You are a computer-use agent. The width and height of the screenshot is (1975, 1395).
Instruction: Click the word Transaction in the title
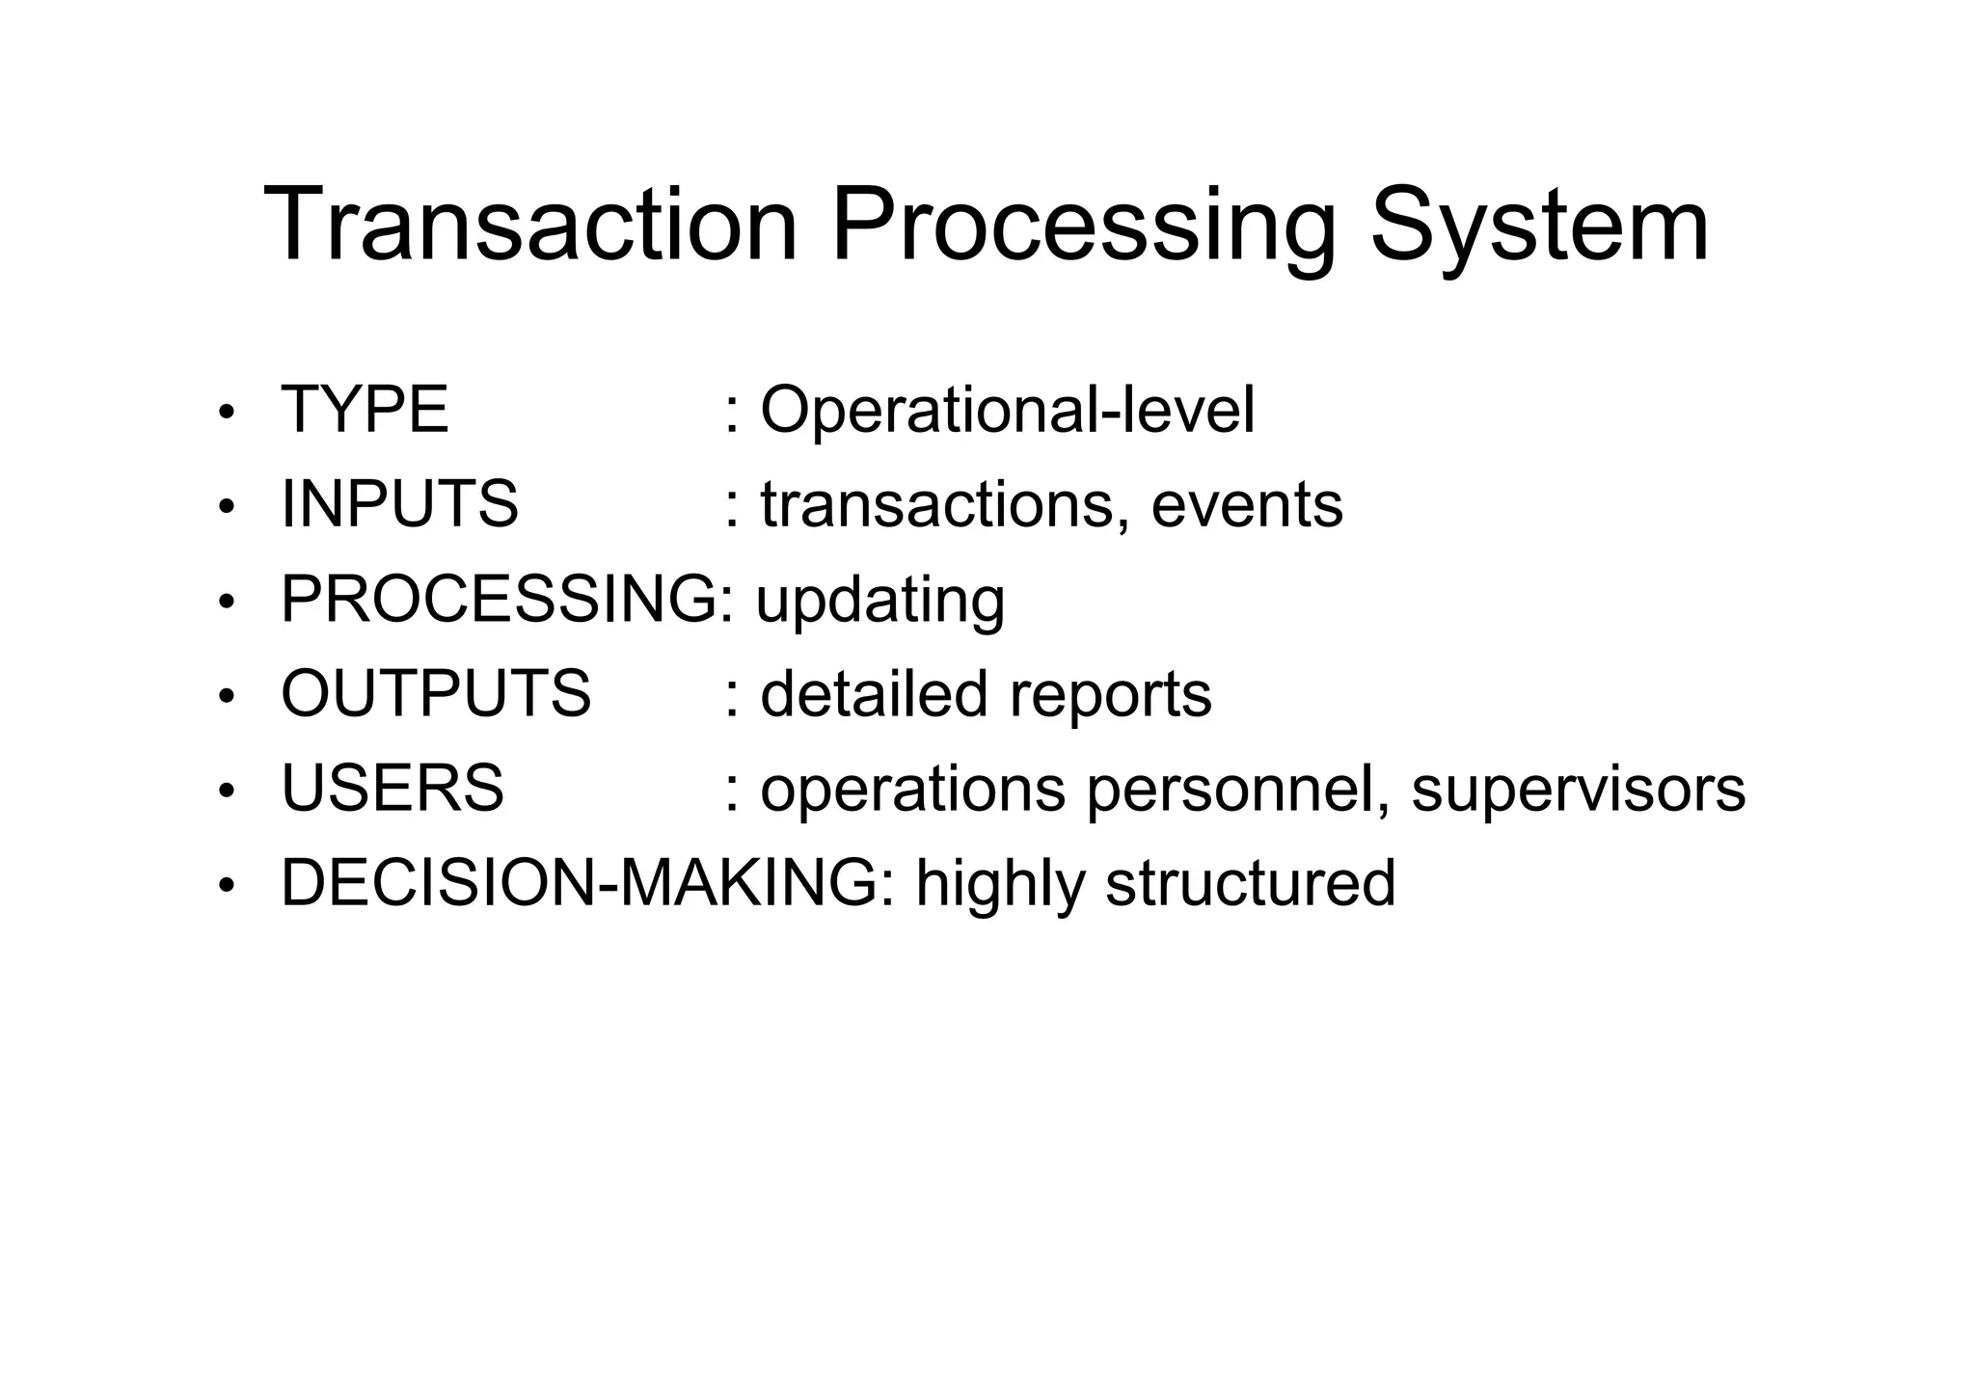point(530,227)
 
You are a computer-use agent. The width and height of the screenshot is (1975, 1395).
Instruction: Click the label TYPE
point(365,410)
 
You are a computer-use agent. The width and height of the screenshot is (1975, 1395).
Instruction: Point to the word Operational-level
point(1007,411)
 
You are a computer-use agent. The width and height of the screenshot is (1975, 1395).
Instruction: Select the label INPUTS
point(399,504)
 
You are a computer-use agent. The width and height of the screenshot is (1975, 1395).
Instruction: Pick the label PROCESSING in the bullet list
point(498,599)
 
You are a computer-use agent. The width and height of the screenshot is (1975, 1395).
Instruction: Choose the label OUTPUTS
point(436,693)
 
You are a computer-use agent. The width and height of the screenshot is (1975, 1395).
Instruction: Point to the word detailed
point(874,694)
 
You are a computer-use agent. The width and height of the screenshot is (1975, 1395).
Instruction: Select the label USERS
point(392,788)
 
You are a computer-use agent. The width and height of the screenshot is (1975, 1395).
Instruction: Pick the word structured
point(1250,883)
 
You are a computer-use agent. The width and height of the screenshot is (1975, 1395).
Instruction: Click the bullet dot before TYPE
point(227,414)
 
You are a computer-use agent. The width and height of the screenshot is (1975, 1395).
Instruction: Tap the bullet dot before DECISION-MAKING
point(227,887)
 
